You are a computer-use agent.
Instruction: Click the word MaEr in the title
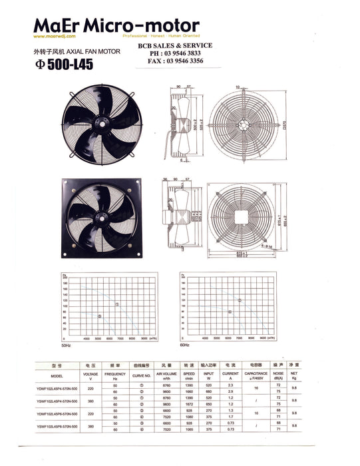(x=57, y=27)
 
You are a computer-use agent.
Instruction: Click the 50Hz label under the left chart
(x=66, y=346)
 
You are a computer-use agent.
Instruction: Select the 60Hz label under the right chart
(x=185, y=346)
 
